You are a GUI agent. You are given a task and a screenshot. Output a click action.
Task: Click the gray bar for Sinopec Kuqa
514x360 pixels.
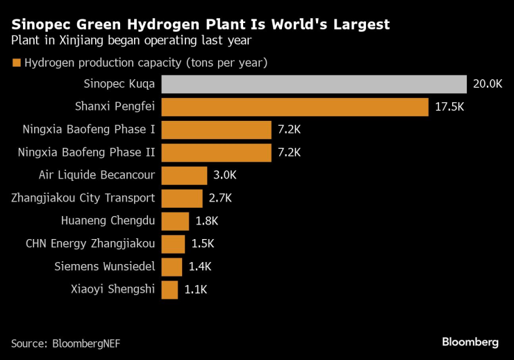click(313, 84)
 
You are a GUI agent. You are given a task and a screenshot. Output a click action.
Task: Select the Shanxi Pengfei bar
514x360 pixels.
click(295, 107)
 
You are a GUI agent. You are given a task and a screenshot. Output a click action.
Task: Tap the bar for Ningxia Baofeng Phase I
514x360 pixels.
click(216, 130)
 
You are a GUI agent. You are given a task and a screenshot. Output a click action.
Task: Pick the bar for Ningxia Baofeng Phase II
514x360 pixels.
click(216, 153)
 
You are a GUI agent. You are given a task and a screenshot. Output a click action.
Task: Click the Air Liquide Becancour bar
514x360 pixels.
click(184, 175)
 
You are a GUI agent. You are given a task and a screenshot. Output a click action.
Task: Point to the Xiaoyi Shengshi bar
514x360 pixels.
click(169, 290)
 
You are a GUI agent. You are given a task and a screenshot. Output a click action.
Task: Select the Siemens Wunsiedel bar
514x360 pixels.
click(172, 267)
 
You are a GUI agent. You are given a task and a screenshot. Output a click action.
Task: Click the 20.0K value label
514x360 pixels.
click(487, 84)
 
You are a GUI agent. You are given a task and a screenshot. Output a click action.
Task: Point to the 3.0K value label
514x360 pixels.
click(226, 175)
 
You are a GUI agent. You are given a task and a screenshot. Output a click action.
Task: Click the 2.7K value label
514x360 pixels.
click(220, 198)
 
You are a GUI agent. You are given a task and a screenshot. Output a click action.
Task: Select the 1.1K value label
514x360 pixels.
click(196, 290)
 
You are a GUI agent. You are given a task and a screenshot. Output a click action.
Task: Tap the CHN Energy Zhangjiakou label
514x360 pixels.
click(90, 244)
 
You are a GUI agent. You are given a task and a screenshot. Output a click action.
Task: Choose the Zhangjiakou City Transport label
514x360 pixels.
click(83, 198)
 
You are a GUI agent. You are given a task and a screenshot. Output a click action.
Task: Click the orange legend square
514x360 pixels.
click(16, 63)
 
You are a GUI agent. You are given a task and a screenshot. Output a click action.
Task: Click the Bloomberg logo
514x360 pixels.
click(470, 342)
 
